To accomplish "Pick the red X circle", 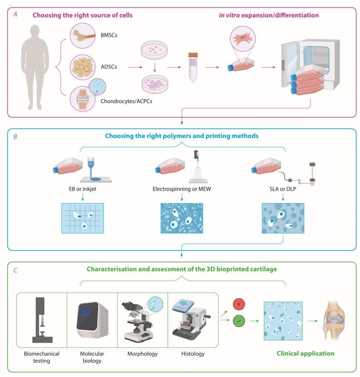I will tap(239, 304).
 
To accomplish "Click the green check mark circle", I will tap(239, 321).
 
